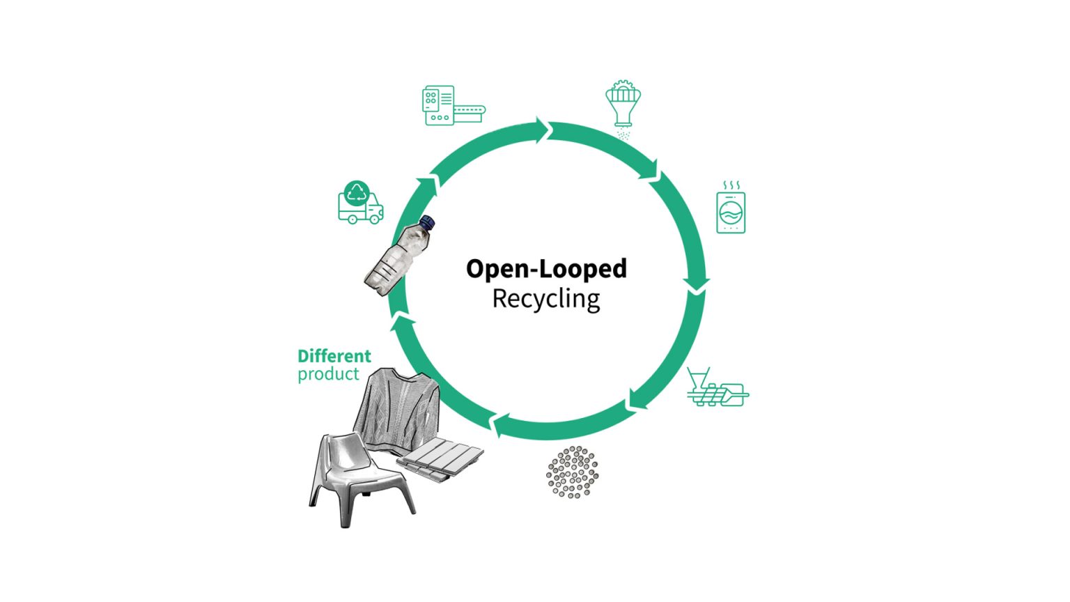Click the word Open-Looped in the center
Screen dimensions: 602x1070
546,269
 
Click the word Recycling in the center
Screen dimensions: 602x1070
546,299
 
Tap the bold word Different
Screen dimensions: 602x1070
334,356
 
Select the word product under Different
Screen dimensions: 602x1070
328,374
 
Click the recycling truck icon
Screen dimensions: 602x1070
359,204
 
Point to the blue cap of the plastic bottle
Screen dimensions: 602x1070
428,223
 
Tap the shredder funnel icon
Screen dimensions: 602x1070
623,105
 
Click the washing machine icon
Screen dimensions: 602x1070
731,212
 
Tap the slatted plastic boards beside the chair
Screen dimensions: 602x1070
440,458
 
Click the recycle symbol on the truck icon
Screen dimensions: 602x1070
357,192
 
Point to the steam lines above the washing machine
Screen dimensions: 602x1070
731,185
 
